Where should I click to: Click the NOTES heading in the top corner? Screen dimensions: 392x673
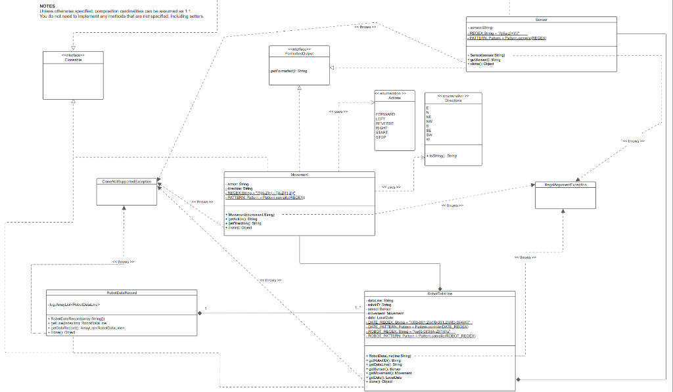point(47,5)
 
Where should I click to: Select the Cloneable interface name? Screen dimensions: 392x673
point(73,58)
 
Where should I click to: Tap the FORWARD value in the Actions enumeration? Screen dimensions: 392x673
point(385,114)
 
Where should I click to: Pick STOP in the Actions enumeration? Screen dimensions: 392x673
point(381,137)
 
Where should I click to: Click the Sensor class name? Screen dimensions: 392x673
point(541,20)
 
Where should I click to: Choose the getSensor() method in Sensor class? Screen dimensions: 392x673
point(485,60)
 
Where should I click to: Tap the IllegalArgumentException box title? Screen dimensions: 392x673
point(565,185)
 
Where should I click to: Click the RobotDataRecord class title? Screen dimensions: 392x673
point(122,293)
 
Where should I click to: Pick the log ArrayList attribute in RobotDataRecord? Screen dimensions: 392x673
point(74,305)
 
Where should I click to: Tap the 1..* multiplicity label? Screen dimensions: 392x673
point(358,309)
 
